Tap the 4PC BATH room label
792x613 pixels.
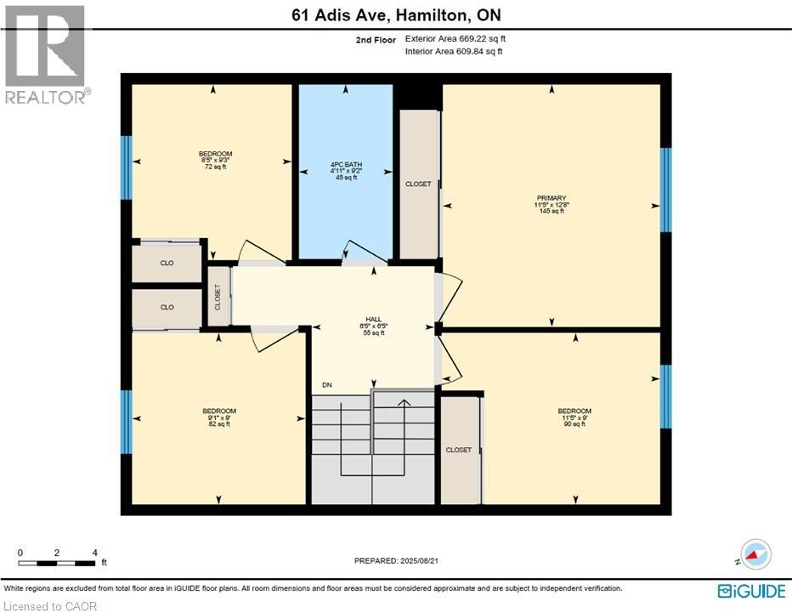click(344, 171)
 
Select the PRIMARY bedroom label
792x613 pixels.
click(551, 204)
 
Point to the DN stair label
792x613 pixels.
click(327, 385)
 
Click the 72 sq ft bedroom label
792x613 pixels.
click(215, 160)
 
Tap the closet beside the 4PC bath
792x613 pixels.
click(418, 184)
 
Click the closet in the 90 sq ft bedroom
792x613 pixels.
click(459, 450)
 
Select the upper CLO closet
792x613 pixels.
click(167, 264)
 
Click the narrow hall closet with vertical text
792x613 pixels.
click(218, 296)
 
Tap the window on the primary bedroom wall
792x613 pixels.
click(665, 190)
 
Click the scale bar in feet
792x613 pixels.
click(57, 562)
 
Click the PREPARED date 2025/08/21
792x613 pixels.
click(395, 561)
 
